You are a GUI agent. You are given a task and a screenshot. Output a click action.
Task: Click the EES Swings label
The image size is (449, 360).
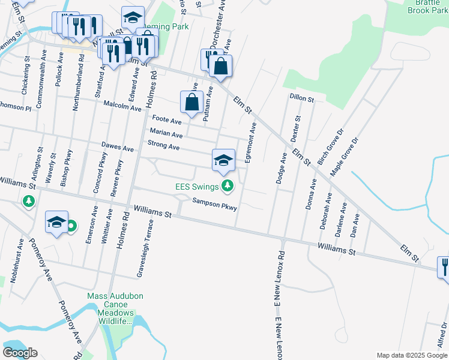pos(196,187)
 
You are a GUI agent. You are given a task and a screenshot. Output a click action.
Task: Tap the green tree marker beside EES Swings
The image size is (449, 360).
pos(227,187)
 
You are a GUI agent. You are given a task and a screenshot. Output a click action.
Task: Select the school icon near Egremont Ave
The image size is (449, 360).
pos(223,160)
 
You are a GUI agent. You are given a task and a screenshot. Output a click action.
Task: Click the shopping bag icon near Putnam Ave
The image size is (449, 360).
pos(191,103)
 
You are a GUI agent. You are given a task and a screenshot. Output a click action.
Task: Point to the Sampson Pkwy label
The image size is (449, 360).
pos(215,204)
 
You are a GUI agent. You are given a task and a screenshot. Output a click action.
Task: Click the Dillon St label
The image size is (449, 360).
pos(301,98)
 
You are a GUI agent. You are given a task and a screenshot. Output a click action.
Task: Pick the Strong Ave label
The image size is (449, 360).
pos(164,146)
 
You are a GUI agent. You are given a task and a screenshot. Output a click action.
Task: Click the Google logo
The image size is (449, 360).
pos(20,353)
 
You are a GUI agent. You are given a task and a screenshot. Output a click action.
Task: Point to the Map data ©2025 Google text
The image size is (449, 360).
pos(412,355)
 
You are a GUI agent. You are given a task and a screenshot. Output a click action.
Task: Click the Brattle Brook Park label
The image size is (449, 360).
pos(428,7)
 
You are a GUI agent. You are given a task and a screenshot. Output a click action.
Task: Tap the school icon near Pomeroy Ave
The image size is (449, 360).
pos(57,223)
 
